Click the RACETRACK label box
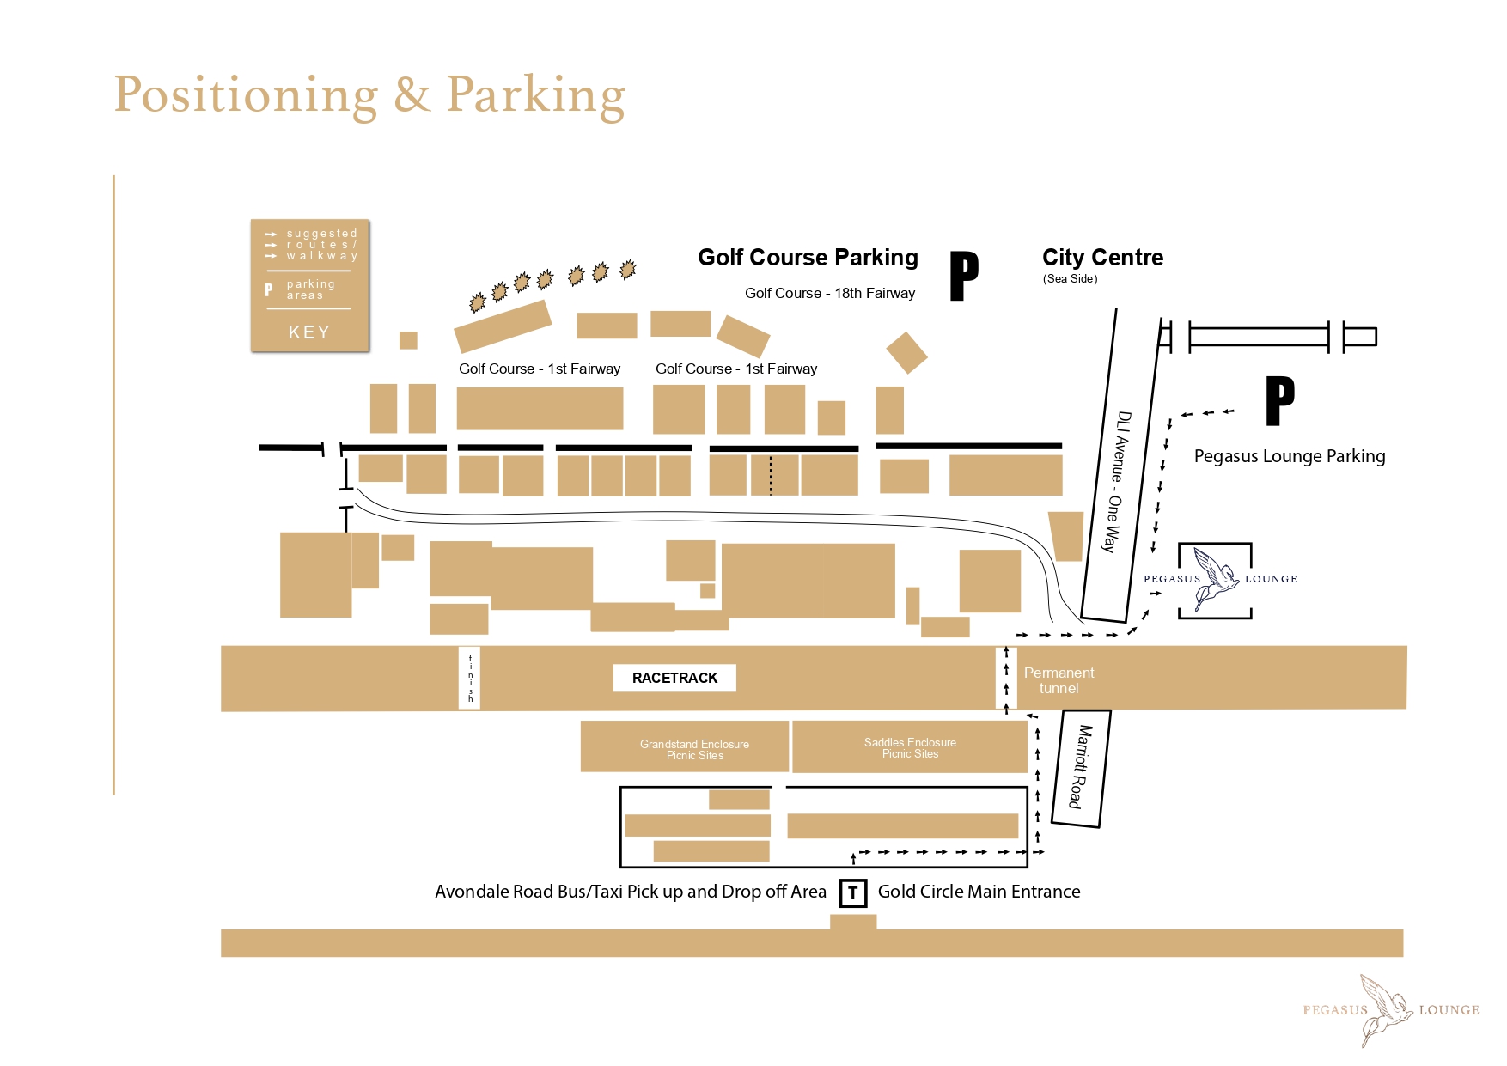click(674, 678)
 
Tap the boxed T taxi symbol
click(852, 892)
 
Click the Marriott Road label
click(1080, 767)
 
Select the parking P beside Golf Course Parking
click(964, 276)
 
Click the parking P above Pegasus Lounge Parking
click(1279, 401)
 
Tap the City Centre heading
click(1102, 258)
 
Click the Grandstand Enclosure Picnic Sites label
click(694, 750)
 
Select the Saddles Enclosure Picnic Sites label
click(910, 748)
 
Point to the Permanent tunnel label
click(1059, 680)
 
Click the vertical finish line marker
click(470, 678)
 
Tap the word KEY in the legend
click(309, 332)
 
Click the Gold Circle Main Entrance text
click(979, 892)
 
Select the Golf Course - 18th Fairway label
click(830, 293)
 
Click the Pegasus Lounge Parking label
click(1290, 456)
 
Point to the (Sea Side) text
click(1071, 278)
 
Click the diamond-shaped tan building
click(906, 353)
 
